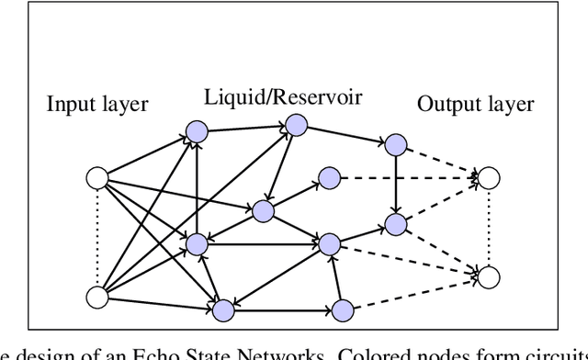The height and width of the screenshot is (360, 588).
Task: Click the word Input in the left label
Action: click(70, 104)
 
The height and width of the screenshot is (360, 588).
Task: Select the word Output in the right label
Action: click(446, 104)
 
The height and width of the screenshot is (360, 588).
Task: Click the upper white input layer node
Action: click(96, 178)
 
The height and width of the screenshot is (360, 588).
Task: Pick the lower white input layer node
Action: click(96, 297)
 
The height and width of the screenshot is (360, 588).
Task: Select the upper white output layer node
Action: click(488, 178)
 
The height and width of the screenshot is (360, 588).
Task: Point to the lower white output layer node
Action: click(488, 275)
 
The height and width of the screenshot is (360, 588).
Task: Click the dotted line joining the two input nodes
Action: click(96, 237)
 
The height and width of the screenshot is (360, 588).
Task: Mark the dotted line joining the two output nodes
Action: click(488, 226)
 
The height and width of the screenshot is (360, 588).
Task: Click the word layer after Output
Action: click(510, 104)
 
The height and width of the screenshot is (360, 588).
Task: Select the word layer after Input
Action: click(125, 104)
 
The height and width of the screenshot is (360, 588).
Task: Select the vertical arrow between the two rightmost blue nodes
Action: click(396, 184)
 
